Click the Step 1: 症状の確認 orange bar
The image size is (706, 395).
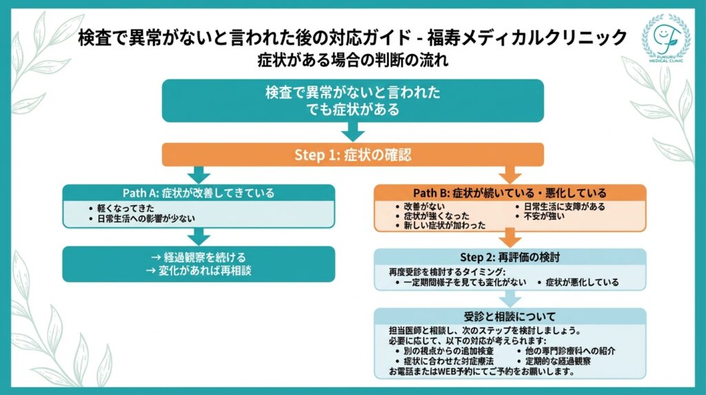[353, 155]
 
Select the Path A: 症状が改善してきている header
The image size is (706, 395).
[199, 193]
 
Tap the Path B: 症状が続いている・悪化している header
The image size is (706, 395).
[510, 193]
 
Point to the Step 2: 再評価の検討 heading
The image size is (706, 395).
[510, 257]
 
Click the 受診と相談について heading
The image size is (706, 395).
[510, 316]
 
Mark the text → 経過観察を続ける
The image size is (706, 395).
[198, 258]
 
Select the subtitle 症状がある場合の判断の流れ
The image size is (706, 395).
[352, 60]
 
